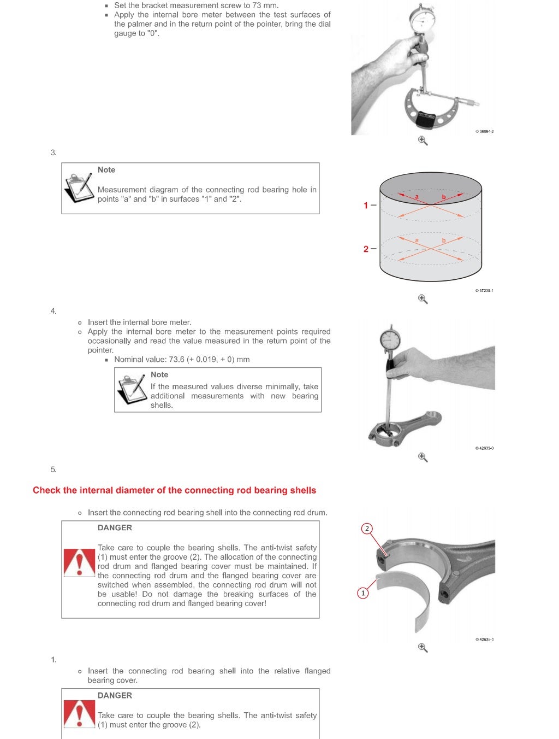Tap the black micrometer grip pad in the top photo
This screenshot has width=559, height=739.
[x=425, y=119]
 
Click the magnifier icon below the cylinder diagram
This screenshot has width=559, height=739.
[x=423, y=299]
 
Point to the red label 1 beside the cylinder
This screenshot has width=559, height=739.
[x=366, y=206]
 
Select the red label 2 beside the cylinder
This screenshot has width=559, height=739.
[x=366, y=249]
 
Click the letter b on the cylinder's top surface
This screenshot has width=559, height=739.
[x=444, y=197]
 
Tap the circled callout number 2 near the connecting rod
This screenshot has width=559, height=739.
[x=367, y=528]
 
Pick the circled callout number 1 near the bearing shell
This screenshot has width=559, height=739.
[x=362, y=593]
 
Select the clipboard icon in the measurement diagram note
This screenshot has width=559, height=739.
[x=78, y=187]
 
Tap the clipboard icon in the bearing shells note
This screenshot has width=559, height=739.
[x=132, y=389]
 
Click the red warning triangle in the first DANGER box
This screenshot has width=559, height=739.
[x=79, y=562]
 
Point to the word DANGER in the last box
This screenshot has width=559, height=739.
[x=115, y=695]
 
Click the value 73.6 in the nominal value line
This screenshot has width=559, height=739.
[x=176, y=359]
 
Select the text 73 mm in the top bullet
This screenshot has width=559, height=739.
[x=265, y=5]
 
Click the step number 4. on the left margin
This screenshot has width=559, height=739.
[x=53, y=311]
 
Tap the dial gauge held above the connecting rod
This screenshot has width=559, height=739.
[x=390, y=339]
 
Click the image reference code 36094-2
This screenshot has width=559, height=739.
[x=485, y=131]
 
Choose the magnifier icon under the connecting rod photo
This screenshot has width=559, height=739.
[x=423, y=457]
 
